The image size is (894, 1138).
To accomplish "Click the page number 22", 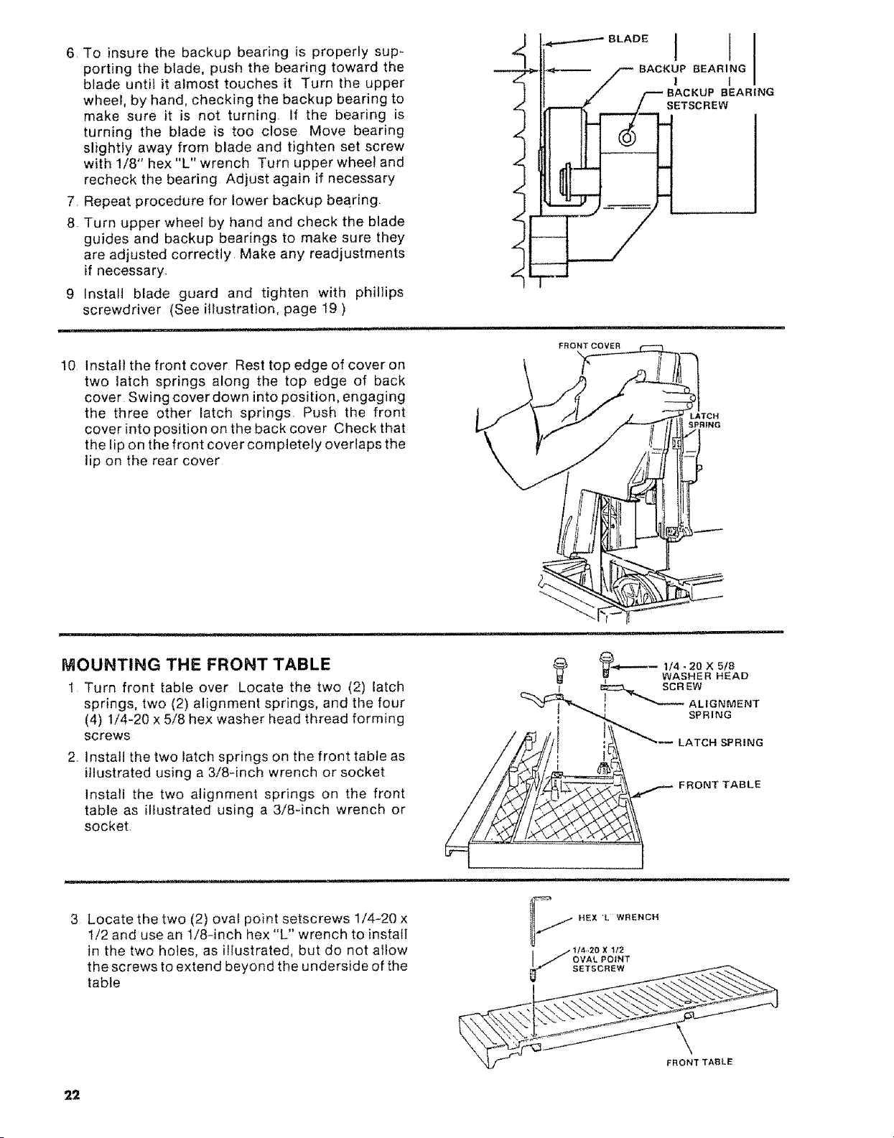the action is pos(72,1094).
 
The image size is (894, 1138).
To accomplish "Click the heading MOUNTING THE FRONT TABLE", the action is pos(196,664).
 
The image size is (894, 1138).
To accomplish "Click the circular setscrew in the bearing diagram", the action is pos(628,138).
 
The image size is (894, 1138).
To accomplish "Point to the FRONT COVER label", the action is pos(590,345).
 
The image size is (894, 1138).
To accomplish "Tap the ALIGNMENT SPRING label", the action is pos(724,709).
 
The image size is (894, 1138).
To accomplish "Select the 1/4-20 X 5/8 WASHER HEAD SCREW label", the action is pos(705,676).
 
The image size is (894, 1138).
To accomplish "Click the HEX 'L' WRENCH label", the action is pos(618,917).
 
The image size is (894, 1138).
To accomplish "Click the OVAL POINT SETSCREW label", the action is pos(601,959).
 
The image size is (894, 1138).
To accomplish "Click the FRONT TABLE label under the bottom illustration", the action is pos(699,1062).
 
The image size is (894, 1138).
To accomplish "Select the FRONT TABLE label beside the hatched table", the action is pos(720,785).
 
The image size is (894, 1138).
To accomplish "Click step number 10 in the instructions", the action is pos(69,365).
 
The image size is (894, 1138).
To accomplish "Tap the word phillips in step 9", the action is pos(379,292).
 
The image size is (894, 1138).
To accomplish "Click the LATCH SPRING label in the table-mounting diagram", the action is pos(721,742).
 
